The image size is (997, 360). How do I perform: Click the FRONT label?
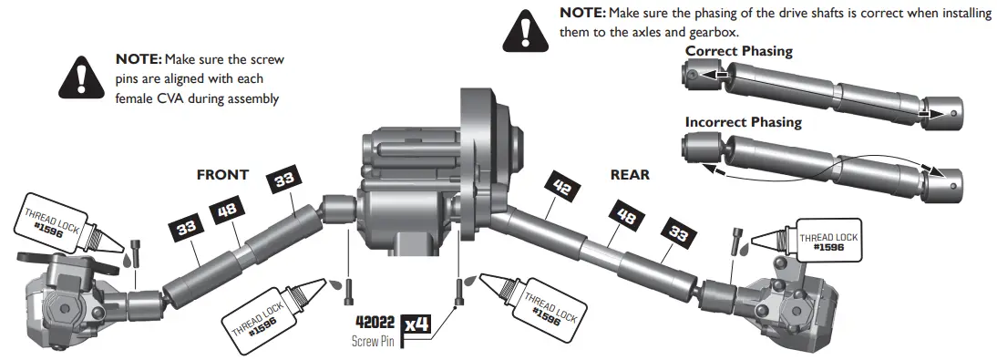pyautogui.click(x=223, y=175)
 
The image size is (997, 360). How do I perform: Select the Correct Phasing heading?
pyautogui.click(x=738, y=52)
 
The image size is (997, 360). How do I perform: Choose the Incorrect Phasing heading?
pyautogui.click(x=743, y=122)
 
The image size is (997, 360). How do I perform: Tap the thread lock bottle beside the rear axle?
pyautogui.click(x=811, y=239)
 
